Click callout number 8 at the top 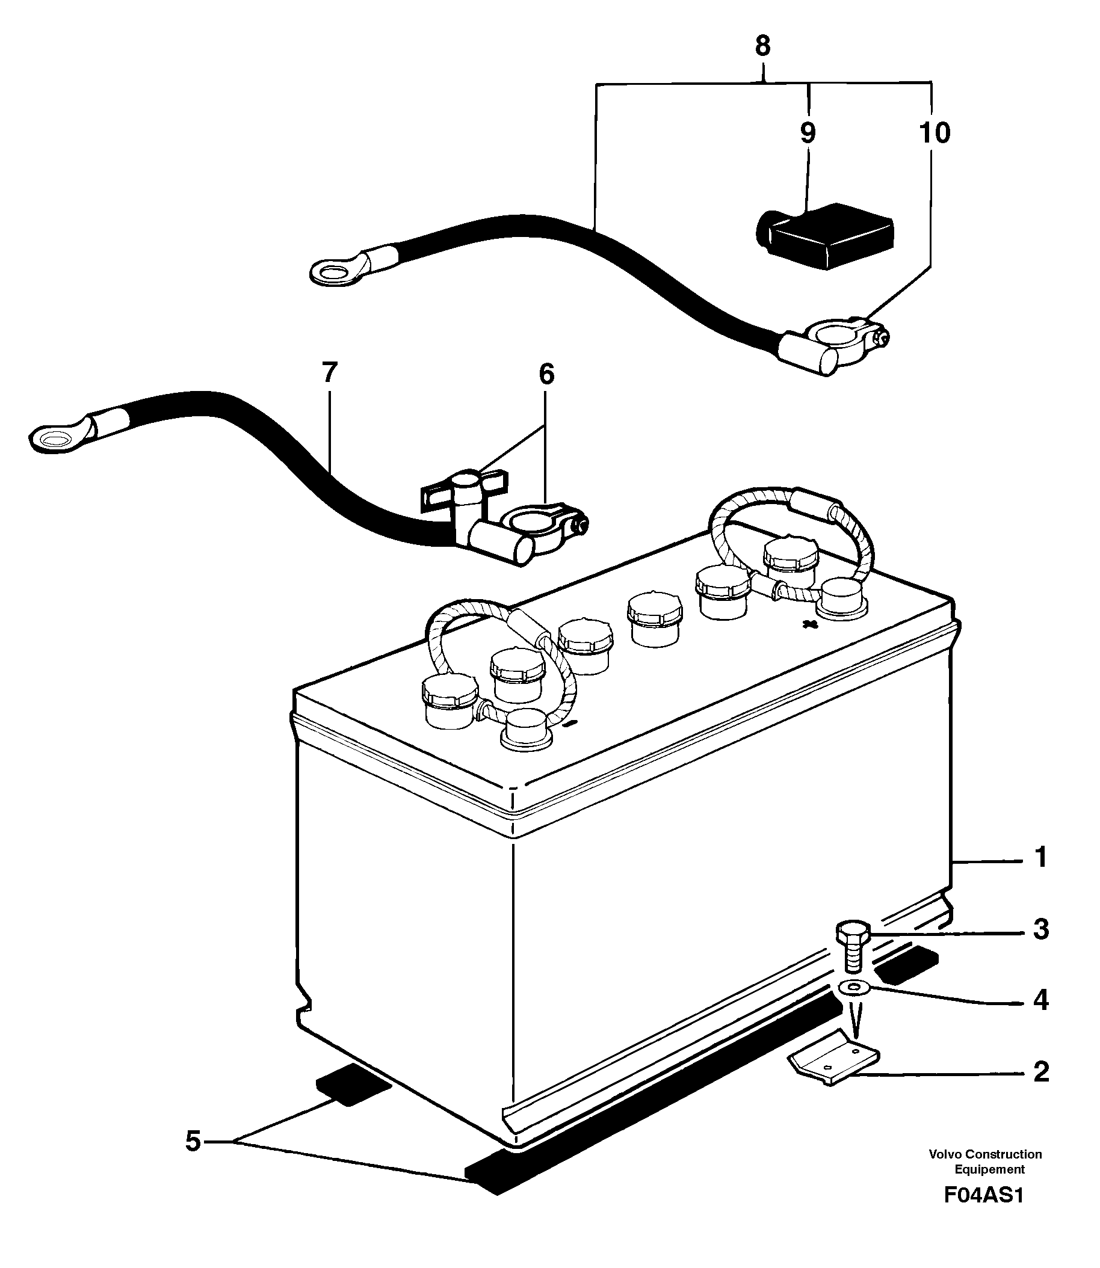tap(762, 46)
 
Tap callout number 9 tap(808, 132)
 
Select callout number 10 tap(935, 132)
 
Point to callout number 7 tap(330, 372)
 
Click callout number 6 tap(546, 374)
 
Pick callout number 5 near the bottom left tap(193, 1142)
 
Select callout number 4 tap(1041, 1000)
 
